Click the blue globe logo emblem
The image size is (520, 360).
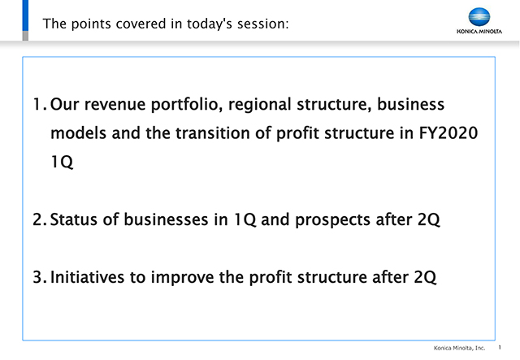pyautogui.click(x=479, y=17)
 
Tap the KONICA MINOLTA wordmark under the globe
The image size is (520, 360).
pyautogui.click(x=479, y=32)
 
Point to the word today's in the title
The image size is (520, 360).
pyautogui.click(x=210, y=24)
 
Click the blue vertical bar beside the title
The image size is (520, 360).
pyautogui.click(x=25, y=15)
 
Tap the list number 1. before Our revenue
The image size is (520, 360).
pyautogui.click(x=40, y=105)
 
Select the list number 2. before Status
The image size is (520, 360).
pyautogui.click(x=40, y=219)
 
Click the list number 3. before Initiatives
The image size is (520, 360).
pyautogui.click(x=40, y=277)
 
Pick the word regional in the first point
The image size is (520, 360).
pyautogui.click(x=260, y=105)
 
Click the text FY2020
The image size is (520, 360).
pyautogui.click(x=448, y=133)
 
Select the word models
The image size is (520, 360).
pyautogui.click(x=78, y=133)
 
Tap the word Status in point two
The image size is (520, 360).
pyautogui.click(x=74, y=219)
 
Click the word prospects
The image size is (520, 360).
pyautogui.click(x=332, y=220)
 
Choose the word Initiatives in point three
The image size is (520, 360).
pyautogui.click(x=87, y=277)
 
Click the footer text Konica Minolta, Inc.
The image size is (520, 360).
pyautogui.click(x=459, y=348)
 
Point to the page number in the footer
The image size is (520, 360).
pyautogui.click(x=500, y=347)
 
